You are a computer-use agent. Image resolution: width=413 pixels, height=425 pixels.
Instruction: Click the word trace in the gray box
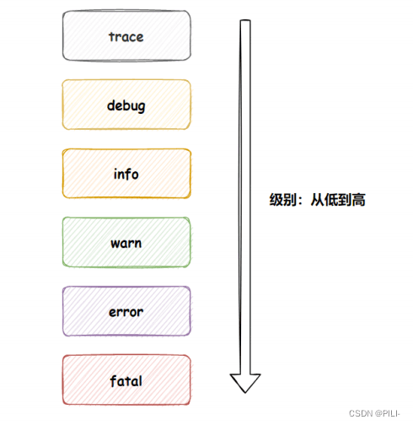pyautogui.click(x=126, y=37)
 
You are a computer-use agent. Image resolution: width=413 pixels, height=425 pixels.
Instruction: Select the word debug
pyautogui.click(x=126, y=106)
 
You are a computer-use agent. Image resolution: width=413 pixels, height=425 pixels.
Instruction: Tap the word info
pyautogui.click(x=126, y=174)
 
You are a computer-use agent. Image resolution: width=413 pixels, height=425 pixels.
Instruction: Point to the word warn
pyautogui.click(x=126, y=244)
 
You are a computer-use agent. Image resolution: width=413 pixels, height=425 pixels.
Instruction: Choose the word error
pyautogui.click(x=126, y=312)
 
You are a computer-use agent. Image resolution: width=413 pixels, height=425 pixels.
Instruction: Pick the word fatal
pyautogui.click(x=126, y=381)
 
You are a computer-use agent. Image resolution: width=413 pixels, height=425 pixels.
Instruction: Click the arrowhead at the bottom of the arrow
pyautogui.click(x=245, y=383)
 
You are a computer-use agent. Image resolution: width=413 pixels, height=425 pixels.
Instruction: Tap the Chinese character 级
pyautogui.click(x=276, y=200)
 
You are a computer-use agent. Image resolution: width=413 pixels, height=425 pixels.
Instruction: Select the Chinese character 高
pyautogui.click(x=358, y=200)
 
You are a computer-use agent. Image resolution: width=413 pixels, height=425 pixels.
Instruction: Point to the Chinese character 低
pyautogui.click(x=331, y=200)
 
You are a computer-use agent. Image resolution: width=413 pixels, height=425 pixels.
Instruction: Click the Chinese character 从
pyautogui.click(x=318, y=200)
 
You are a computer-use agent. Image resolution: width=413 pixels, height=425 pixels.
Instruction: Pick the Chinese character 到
pyautogui.click(x=345, y=200)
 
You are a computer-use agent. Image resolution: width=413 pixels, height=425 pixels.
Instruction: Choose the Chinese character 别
pyautogui.click(x=290, y=200)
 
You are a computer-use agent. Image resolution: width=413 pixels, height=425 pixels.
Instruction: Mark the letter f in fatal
pyautogui.click(x=113, y=381)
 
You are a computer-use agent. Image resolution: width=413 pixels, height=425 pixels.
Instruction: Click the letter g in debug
pyautogui.click(x=142, y=108)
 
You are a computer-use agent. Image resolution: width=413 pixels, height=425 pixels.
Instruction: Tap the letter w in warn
pyautogui.click(x=115, y=244)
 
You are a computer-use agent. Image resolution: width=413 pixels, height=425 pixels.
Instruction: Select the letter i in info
pyautogui.click(x=115, y=174)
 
